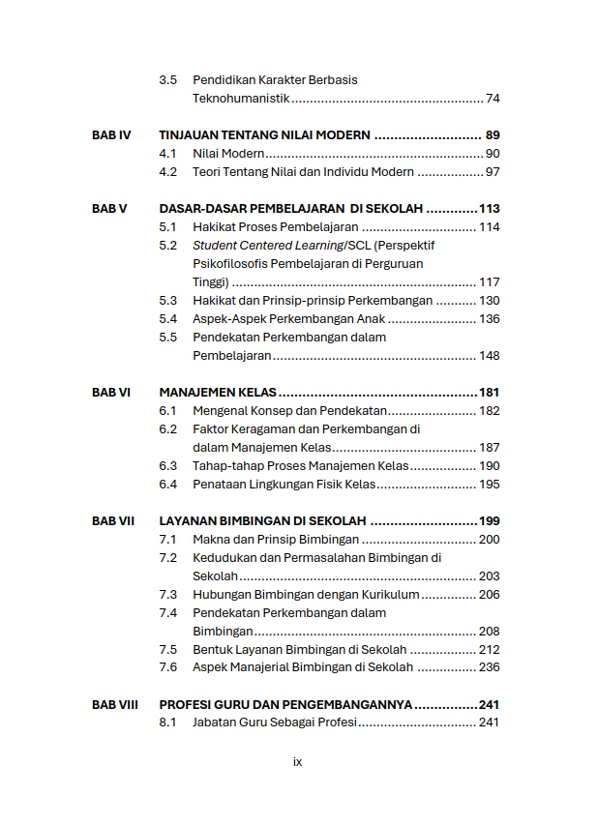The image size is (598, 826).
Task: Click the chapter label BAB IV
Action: tap(111, 135)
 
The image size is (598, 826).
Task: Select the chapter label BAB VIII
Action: tap(115, 705)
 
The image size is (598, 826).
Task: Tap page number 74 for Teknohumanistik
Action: tap(493, 99)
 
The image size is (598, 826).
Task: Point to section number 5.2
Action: tap(168, 246)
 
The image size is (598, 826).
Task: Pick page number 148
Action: tap(489, 356)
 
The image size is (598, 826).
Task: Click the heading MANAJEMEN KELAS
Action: tap(218, 393)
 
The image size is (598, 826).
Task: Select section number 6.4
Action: tap(168, 485)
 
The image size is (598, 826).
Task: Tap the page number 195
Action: tap(489, 485)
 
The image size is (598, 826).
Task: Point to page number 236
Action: tap(489, 667)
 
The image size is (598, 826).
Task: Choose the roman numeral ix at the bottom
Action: tap(298, 762)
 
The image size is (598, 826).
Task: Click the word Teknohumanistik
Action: tap(241, 99)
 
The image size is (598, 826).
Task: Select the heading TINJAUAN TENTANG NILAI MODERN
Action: tap(264, 135)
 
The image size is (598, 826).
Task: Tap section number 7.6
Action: tap(168, 667)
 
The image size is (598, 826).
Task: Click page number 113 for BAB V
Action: tap(489, 209)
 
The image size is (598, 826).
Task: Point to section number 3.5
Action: tap(168, 80)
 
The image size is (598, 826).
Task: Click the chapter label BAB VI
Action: tap(111, 393)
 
